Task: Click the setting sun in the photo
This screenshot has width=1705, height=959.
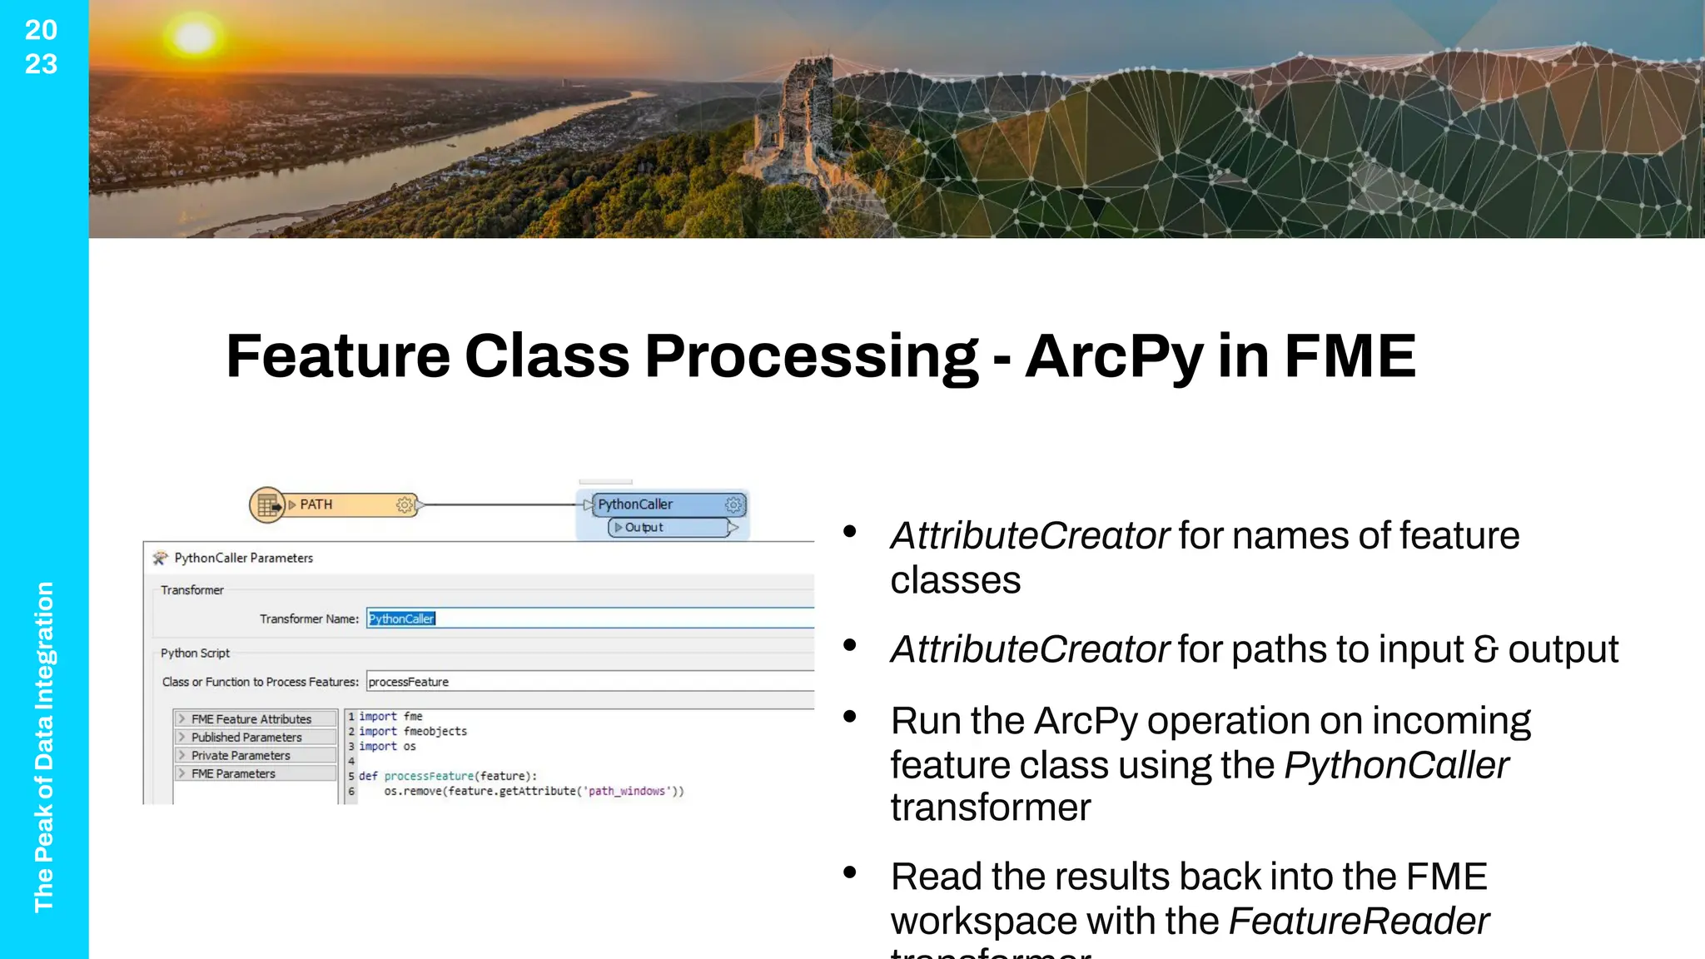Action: [x=194, y=37]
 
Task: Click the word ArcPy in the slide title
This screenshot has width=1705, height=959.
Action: [x=1114, y=356]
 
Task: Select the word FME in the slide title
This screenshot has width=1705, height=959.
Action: [x=1350, y=356]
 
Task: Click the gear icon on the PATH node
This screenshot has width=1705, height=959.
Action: [x=405, y=504]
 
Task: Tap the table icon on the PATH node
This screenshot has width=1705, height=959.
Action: [x=267, y=504]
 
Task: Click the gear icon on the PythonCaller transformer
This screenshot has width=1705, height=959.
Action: [x=733, y=504]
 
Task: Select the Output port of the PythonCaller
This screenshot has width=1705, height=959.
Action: [x=644, y=528]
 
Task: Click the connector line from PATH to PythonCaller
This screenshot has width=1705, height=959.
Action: [x=500, y=504]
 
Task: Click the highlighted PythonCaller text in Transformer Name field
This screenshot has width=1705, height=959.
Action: [x=401, y=619]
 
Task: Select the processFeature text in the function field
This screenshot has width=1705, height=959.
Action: [x=409, y=682]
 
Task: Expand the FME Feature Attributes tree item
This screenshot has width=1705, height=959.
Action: [x=181, y=718]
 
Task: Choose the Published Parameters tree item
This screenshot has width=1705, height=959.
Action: [x=246, y=738]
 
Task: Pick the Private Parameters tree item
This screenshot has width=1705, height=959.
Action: [x=241, y=756]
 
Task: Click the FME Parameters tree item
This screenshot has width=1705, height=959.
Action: [x=233, y=774]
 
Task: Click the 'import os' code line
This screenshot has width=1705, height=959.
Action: [x=387, y=747]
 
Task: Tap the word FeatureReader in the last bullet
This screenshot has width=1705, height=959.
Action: [x=1359, y=921]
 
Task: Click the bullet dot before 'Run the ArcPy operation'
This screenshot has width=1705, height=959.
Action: [x=850, y=716]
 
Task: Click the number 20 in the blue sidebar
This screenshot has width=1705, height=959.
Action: [x=41, y=30]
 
